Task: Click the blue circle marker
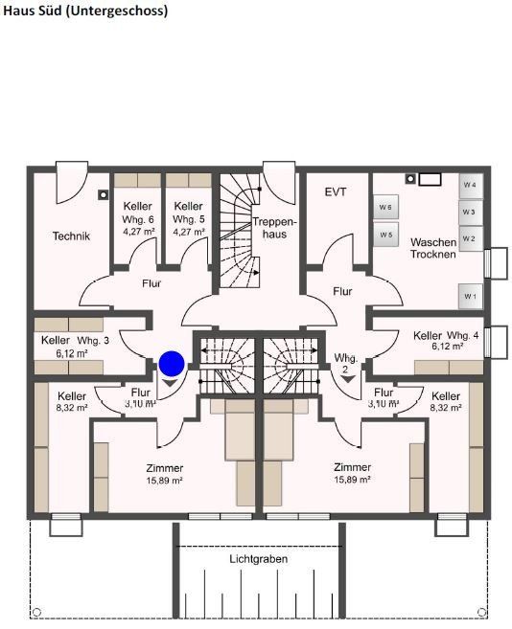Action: pos(172,363)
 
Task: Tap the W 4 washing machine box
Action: pos(469,183)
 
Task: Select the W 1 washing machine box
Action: pos(469,297)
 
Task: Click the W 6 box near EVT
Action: pos(385,207)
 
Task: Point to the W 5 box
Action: pos(385,234)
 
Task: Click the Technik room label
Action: pos(71,236)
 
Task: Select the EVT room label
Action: pos(336,191)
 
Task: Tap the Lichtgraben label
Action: pos(258,558)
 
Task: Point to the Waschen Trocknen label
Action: pos(432,249)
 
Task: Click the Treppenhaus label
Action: pos(270,228)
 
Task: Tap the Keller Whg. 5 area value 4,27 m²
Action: pos(189,232)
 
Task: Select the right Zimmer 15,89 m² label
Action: pos(352,474)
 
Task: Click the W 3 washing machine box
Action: pos(469,211)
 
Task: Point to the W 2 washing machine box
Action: pos(469,237)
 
